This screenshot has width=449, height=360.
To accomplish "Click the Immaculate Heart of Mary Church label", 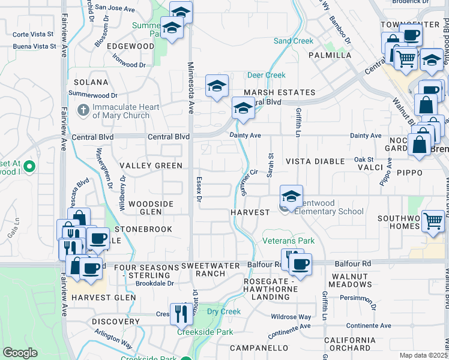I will [x=121, y=111].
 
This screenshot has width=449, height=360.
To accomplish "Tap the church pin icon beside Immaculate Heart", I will [x=83, y=110].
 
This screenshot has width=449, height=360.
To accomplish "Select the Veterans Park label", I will [x=289, y=241].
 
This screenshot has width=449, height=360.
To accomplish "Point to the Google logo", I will [x=20, y=353].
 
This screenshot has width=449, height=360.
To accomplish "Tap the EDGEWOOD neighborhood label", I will [x=131, y=46].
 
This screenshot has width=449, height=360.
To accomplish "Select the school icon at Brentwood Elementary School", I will [x=291, y=195].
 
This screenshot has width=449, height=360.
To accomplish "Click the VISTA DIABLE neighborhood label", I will [x=315, y=161].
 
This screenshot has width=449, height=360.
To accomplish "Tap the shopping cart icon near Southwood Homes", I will [x=433, y=220].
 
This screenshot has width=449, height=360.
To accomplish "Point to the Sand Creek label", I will [x=294, y=41].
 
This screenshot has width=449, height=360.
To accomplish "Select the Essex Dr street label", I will [x=200, y=188].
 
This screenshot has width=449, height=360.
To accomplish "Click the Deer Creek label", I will [x=267, y=75].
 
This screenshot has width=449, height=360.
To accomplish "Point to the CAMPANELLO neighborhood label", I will [x=260, y=347].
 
